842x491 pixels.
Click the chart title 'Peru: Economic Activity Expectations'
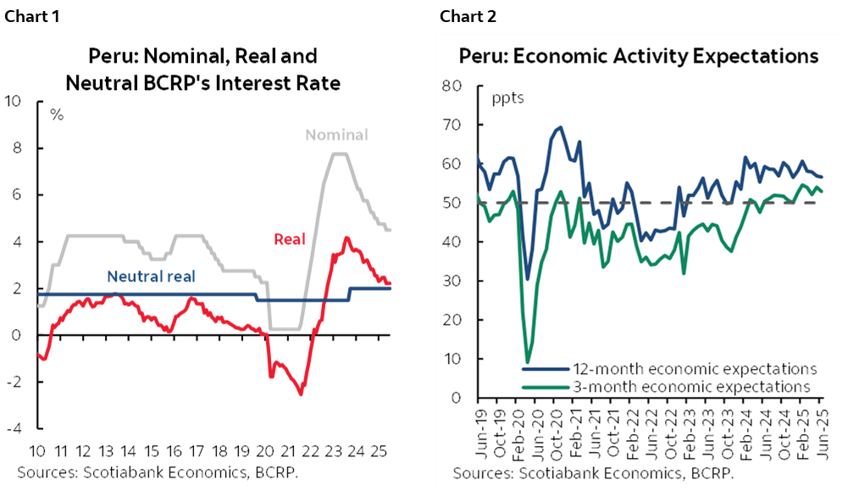point(639,56)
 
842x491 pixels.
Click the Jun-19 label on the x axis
point(479,431)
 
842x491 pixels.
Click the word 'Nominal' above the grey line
point(336,135)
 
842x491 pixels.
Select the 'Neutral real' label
point(152,276)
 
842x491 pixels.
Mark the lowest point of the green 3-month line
point(528,363)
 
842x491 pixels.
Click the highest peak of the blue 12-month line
point(561,127)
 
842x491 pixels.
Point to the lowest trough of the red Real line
point(301,393)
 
